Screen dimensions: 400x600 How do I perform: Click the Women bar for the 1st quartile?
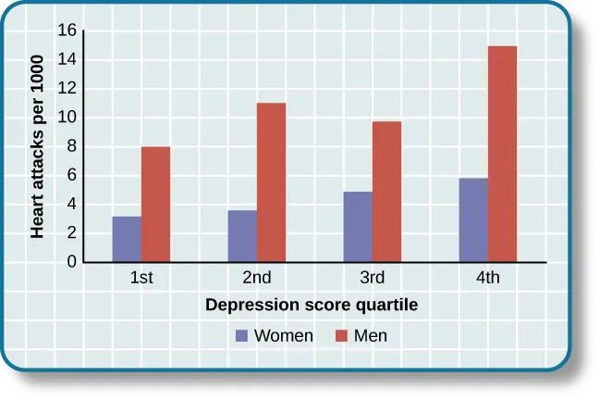pos(127,240)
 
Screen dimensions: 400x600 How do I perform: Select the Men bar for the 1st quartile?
pos(155,205)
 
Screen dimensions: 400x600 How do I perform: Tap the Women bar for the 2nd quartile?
pos(242,237)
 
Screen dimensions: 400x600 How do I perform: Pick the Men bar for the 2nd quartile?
pos(271,182)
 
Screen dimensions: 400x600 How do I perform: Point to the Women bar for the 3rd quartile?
pos(358,228)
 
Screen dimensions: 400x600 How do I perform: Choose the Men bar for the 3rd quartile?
pos(386,193)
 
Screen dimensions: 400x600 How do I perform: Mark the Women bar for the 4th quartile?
pos(473,220)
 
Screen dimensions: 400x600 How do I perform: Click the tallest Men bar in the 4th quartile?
pos(502,155)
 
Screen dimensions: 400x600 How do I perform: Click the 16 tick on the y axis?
pos(66,31)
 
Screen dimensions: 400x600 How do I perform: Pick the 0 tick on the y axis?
pos(70,263)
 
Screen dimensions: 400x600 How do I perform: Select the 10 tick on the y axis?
pos(66,118)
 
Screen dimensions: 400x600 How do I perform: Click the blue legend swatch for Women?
pos(242,336)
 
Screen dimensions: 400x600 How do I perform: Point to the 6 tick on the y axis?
pos(70,176)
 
